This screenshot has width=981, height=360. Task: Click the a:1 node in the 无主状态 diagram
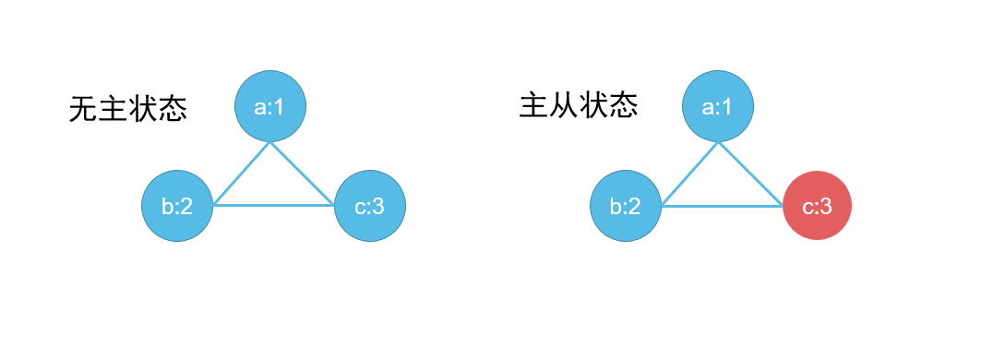coord(269,106)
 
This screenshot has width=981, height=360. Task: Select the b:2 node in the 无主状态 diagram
coord(177,206)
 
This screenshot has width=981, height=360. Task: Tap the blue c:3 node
coord(369,206)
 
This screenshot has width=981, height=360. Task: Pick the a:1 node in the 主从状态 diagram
coord(718,106)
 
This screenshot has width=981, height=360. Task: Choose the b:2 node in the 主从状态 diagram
coord(626,206)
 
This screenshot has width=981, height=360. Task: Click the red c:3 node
coord(817,206)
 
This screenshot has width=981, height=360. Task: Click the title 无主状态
coord(128,110)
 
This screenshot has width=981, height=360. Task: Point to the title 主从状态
coord(579,106)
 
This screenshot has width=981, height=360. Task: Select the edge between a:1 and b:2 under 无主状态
coord(242,173)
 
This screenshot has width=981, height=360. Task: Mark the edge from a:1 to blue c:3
coord(301,173)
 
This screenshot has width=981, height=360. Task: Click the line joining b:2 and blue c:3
coord(273,205)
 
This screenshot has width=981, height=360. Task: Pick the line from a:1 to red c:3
coord(749,173)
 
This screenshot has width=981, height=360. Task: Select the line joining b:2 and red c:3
coord(722,205)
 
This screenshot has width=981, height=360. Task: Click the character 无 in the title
coord(84,110)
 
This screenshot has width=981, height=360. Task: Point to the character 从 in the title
coord(564,106)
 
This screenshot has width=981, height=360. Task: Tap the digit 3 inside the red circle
coord(825,206)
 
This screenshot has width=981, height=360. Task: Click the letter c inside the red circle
coord(808,207)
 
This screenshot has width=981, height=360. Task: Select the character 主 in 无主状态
coord(114,110)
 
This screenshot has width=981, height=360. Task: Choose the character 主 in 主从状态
coord(534,106)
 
